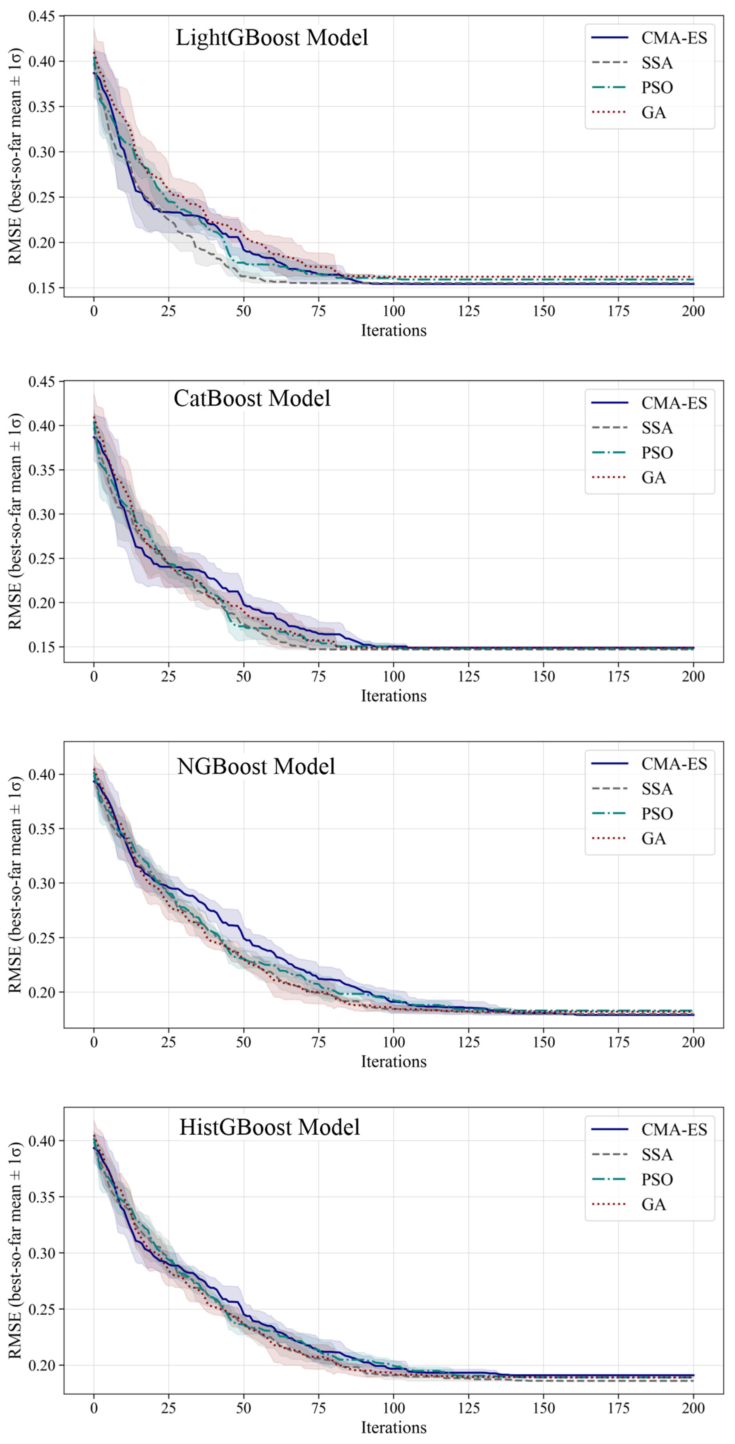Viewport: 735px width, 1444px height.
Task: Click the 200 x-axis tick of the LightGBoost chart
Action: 693,311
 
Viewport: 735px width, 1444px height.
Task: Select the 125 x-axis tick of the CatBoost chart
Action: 469,677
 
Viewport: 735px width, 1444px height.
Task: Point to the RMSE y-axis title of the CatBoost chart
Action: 16,521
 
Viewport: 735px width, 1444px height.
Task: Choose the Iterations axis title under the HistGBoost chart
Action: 394,1427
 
